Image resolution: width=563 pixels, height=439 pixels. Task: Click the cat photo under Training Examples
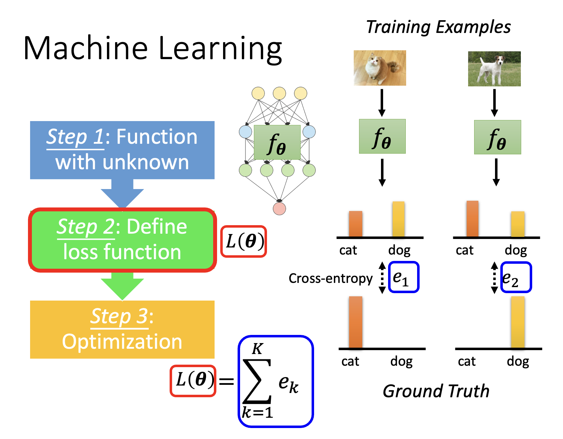click(x=380, y=68)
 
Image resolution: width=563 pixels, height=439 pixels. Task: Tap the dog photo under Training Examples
click(x=494, y=69)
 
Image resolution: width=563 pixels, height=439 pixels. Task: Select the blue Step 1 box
click(x=122, y=150)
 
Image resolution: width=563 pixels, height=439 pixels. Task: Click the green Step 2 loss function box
click(x=122, y=240)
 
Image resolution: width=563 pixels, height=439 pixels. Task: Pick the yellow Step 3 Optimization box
click(x=122, y=329)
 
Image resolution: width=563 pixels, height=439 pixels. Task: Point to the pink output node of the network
click(x=279, y=209)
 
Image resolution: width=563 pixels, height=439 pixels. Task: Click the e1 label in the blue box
click(x=404, y=277)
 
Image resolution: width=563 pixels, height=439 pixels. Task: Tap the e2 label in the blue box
click(x=516, y=277)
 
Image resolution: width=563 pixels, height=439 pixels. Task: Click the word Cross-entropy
click(x=330, y=278)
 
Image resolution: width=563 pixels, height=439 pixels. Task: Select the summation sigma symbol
click(x=257, y=381)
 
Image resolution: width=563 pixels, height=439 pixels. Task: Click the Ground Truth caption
click(x=436, y=391)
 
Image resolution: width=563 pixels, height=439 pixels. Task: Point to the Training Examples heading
click(x=438, y=27)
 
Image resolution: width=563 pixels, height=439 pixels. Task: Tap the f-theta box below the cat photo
click(x=382, y=136)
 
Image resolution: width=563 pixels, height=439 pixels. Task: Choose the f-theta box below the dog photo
click(x=497, y=137)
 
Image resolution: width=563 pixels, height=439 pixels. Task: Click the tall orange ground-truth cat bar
click(x=356, y=322)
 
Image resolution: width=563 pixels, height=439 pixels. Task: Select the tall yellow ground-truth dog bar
click(x=518, y=322)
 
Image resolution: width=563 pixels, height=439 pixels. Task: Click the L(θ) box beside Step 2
click(x=244, y=241)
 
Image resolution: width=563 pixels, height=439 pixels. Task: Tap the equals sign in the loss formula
click(x=227, y=381)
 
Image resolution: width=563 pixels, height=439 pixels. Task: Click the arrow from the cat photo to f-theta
click(x=382, y=103)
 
